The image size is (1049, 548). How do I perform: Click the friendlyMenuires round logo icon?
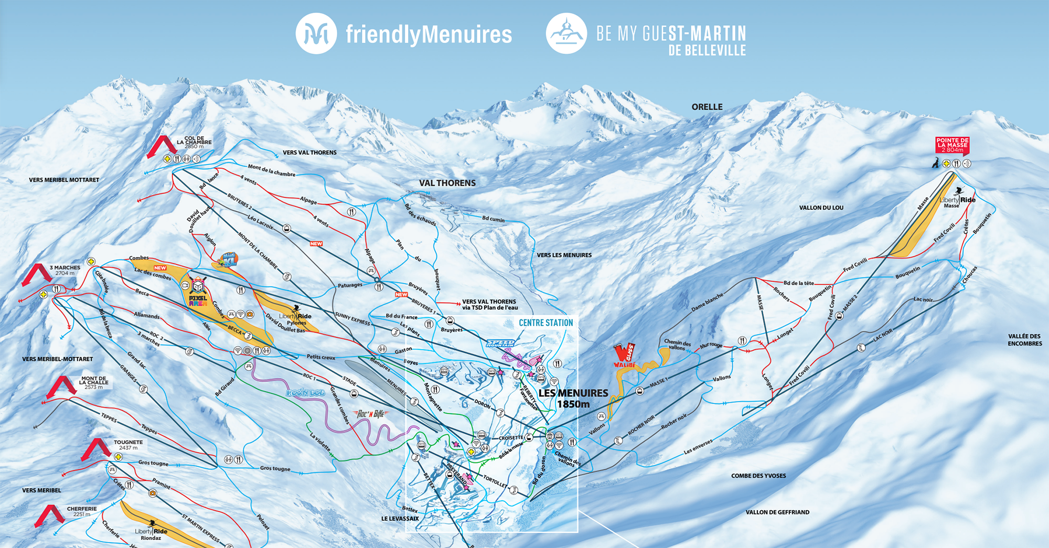point(316,34)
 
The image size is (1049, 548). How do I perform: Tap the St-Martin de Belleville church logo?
point(566,34)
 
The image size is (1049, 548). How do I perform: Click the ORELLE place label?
point(707,107)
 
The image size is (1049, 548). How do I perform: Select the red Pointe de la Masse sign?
point(952,145)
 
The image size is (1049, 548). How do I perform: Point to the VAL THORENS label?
point(447,183)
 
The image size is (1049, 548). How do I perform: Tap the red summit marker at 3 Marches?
point(36,274)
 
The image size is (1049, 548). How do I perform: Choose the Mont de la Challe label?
point(93,382)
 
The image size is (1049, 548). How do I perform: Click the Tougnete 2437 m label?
point(128,445)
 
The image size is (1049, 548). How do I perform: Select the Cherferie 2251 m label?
point(82,511)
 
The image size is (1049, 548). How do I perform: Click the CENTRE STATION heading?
point(545,323)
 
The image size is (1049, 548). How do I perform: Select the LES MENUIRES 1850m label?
point(573,398)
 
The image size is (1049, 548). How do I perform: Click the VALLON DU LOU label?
point(821,208)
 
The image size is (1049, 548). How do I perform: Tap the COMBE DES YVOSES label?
point(758,476)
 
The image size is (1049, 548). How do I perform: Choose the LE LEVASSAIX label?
point(400,519)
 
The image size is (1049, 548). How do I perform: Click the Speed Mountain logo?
point(500,343)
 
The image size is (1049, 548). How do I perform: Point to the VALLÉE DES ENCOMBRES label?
point(1024,340)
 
